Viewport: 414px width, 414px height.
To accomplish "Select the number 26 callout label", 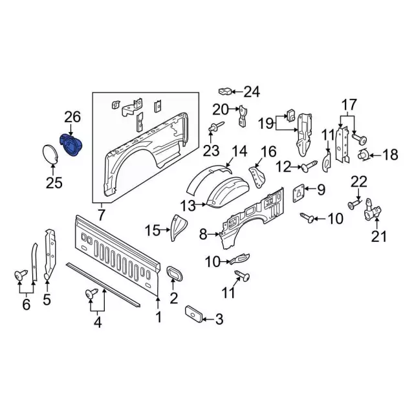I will tap(72, 117).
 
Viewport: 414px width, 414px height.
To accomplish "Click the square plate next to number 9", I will tap(299, 191).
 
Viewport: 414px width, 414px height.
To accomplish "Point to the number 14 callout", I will tap(239, 152).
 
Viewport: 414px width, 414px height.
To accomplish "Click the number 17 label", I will tap(349, 104).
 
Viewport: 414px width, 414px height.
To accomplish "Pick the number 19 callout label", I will tap(267, 123).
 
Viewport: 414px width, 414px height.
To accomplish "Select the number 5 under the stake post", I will tap(47, 300).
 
